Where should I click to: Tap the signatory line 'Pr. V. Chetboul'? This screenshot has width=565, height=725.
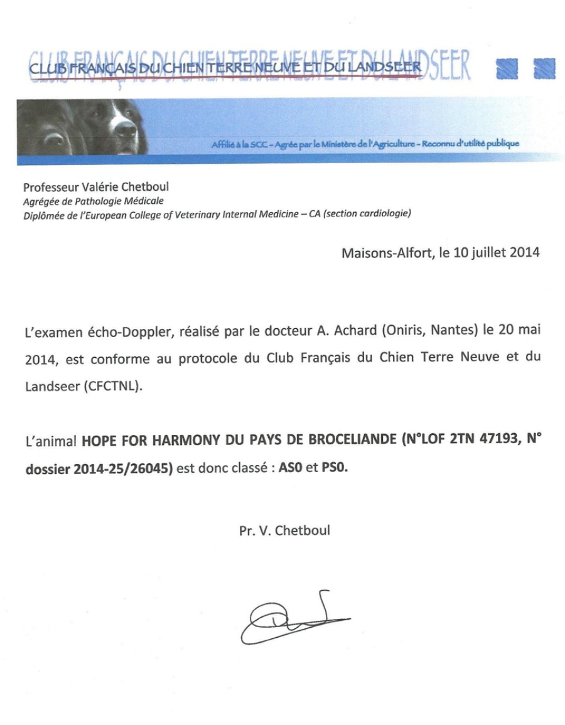(x=284, y=530)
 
